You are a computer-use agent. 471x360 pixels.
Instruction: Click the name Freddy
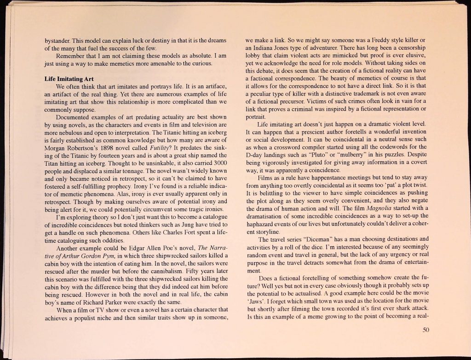point(369,41)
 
